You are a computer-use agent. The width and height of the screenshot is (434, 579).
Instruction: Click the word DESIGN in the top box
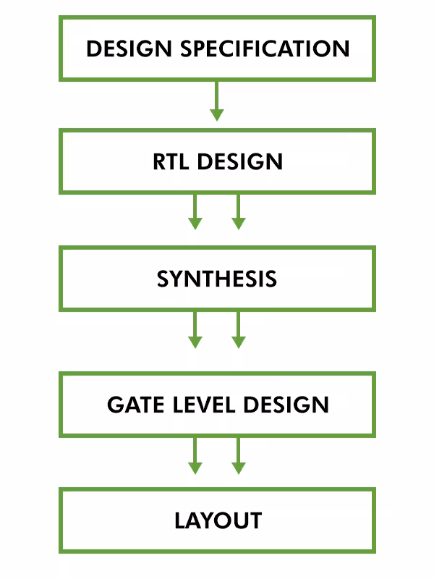pos(129,49)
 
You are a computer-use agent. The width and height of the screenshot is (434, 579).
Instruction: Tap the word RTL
pos(171,161)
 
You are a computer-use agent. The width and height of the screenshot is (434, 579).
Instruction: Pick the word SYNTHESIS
pos(217,279)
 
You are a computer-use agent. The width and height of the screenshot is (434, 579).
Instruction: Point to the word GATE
pos(135,405)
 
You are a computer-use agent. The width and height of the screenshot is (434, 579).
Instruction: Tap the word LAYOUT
pos(217,521)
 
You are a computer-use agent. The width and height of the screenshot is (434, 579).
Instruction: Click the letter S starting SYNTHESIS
pos(163,279)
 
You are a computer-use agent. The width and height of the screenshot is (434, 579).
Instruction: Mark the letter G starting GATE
pos(115,405)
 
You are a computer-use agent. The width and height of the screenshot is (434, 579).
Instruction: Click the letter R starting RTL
pos(159,161)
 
